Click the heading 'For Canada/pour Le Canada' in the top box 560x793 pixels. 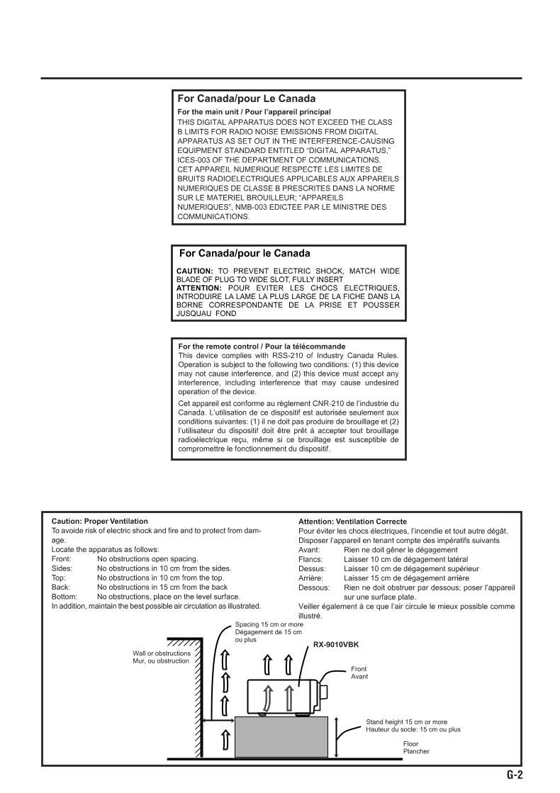246,99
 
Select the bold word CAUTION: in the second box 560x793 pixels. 194,271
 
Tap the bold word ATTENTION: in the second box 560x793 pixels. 198,288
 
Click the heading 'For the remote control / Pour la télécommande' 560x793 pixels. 262,347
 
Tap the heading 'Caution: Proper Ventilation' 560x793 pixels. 100,522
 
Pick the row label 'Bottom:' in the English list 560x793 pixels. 65,597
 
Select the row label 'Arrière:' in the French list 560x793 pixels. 312,578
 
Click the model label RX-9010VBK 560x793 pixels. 336,645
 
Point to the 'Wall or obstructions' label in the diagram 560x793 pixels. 162,653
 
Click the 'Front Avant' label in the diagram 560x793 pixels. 359,673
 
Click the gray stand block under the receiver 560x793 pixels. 281,737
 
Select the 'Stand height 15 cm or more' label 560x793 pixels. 406,722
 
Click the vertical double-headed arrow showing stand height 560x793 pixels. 337,737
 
